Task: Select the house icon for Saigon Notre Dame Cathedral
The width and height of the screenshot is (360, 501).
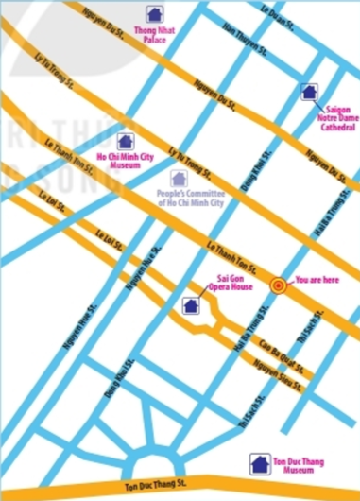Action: pos(306,93)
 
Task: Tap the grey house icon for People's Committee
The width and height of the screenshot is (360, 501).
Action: pos(177,177)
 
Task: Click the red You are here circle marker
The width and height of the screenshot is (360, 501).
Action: pos(278,285)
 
